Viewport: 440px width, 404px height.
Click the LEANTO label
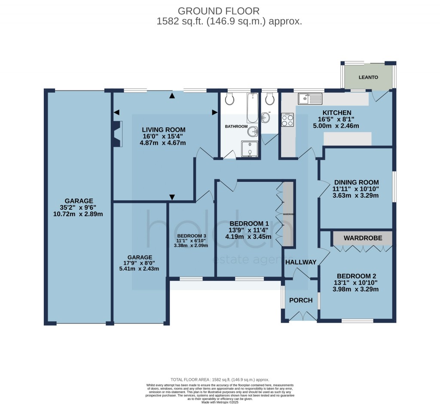click(369, 77)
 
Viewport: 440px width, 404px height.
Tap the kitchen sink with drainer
click(312, 99)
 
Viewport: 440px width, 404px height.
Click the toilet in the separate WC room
click(270, 99)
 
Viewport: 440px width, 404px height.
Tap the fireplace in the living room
click(116, 134)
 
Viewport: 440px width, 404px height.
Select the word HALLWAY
click(301, 262)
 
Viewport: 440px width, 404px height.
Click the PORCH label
click(301, 300)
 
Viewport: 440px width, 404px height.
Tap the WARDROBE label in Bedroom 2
click(362, 237)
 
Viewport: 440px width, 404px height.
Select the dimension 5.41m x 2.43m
click(139, 269)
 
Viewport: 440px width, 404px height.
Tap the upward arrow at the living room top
click(172, 96)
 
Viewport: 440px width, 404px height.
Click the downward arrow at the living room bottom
click(172, 197)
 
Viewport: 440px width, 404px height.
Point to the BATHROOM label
click(236, 127)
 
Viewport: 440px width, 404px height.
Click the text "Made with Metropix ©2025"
click(220, 401)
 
